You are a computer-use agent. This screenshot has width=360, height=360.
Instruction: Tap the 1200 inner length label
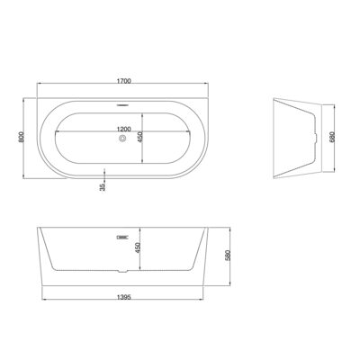(x=121, y=129)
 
